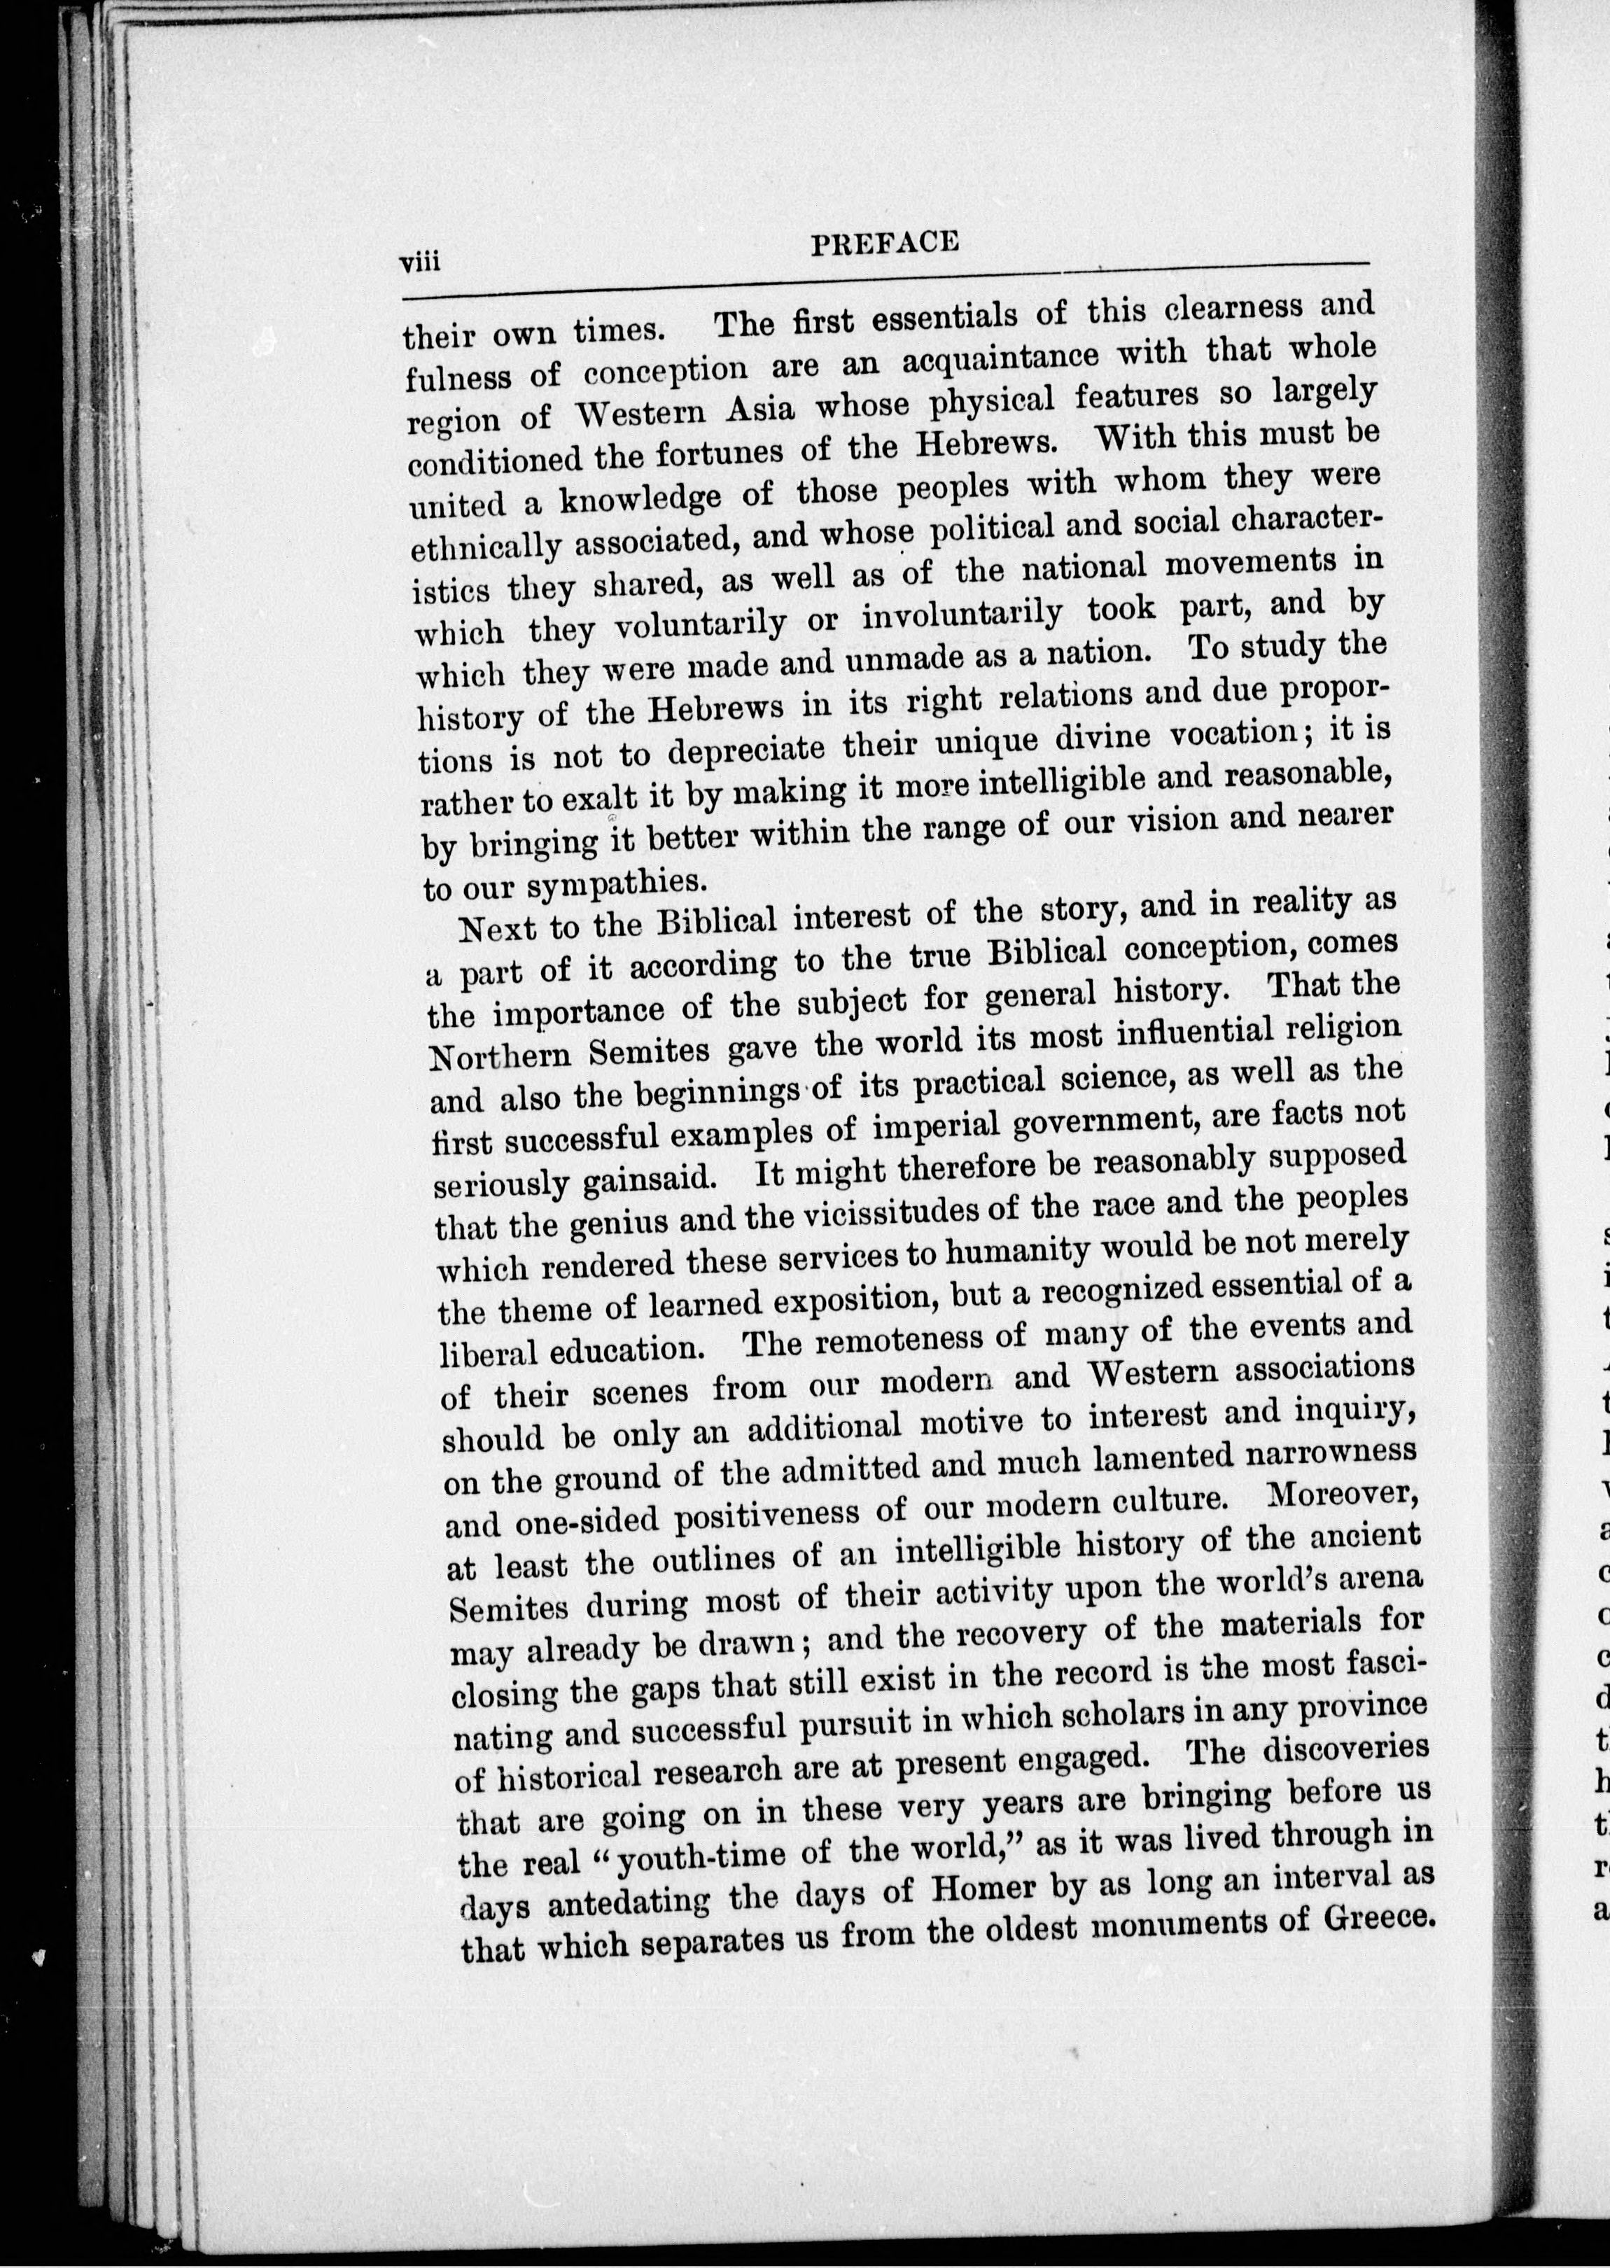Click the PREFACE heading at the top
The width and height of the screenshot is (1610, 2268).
click(x=884, y=243)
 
